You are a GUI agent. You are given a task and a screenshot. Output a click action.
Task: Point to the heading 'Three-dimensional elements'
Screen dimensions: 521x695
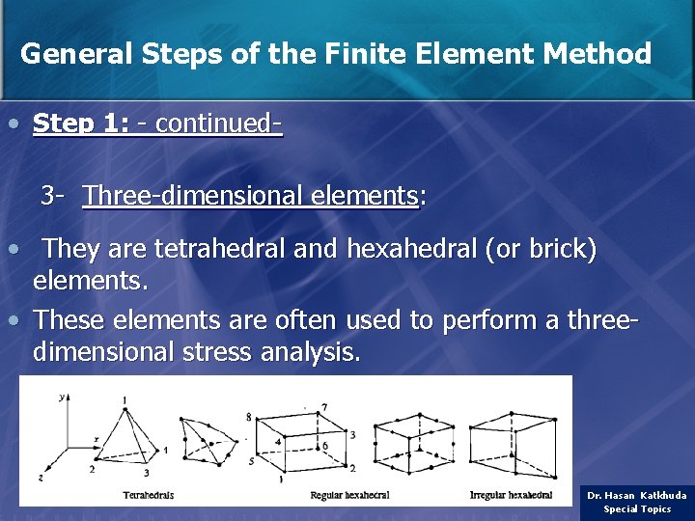coord(250,196)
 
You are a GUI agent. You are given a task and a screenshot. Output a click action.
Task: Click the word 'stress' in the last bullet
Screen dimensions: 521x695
coord(217,352)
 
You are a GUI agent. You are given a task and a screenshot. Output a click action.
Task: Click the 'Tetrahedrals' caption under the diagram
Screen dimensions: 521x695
coord(148,495)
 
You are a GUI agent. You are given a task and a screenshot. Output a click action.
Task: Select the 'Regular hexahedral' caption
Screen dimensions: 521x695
coord(349,495)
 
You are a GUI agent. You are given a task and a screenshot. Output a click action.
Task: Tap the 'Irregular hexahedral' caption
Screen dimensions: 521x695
coord(511,495)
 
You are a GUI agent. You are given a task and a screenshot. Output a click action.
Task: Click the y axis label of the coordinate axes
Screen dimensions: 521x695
coord(61,396)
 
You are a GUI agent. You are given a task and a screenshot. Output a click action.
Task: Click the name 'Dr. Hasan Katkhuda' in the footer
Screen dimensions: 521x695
coord(637,495)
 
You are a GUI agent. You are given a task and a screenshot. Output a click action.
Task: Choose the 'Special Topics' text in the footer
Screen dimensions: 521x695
coord(637,508)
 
